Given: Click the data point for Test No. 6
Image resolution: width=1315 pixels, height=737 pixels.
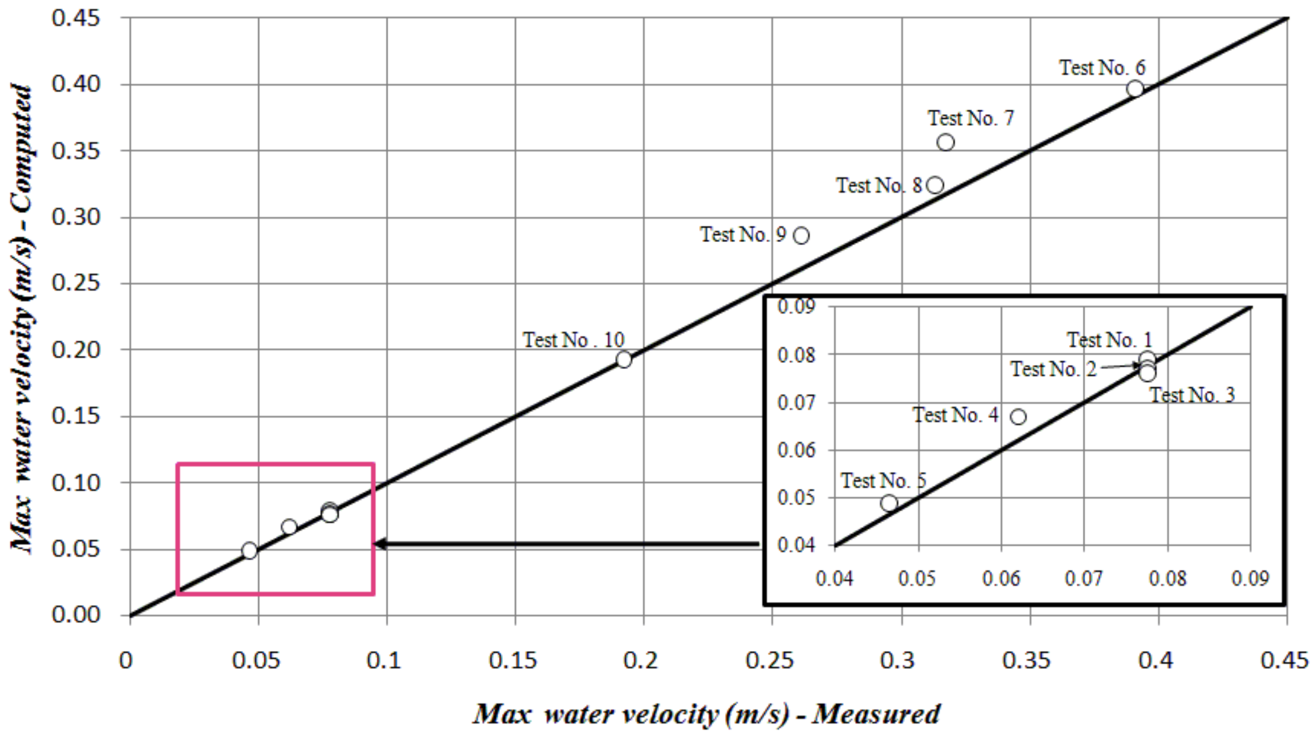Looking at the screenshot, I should pyautogui.click(x=1135, y=89).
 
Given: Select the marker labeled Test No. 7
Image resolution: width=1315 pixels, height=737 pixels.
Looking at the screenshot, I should pyautogui.click(x=946, y=142).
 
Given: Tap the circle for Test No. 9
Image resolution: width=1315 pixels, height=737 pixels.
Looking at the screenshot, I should pyautogui.click(x=801, y=235).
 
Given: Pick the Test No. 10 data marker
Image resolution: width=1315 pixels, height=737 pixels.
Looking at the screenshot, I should pyautogui.click(x=624, y=359).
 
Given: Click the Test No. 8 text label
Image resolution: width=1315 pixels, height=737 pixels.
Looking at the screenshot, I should pyautogui.click(x=879, y=185).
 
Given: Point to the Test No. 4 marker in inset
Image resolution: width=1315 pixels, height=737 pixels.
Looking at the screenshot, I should pyautogui.click(x=1018, y=417).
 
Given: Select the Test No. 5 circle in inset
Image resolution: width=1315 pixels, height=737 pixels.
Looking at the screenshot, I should pyautogui.click(x=889, y=503).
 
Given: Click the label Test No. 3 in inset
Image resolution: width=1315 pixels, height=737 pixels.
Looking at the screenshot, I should pyautogui.click(x=1192, y=395).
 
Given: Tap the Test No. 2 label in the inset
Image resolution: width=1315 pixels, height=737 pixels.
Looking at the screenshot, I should pyautogui.click(x=1053, y=369).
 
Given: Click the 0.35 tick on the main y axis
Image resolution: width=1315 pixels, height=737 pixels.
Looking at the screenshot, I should pyautogui.click(x=75, y=151).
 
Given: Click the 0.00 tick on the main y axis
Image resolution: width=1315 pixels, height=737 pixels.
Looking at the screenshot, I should pyautogui.click(x=75, y=614).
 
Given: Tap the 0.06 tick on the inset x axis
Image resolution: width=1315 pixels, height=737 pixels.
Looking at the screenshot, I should pyautogui.click(x=1001, y=578).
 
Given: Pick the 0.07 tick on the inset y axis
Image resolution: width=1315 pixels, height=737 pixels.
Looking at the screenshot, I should pyautogui.click(x=796, y=403).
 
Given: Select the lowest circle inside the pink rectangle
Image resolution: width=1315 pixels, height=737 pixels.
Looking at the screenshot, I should pyautogui.click(x=249, y=551).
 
